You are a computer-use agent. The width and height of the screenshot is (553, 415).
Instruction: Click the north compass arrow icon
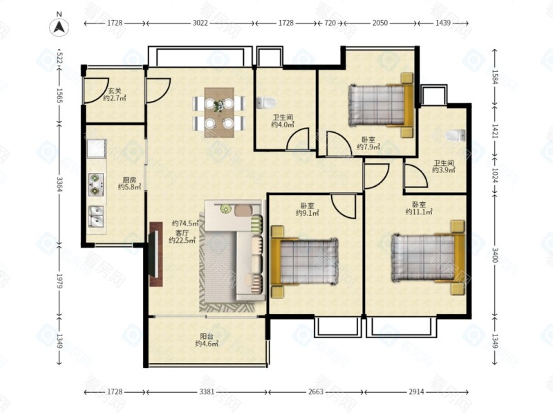tap(59, 27)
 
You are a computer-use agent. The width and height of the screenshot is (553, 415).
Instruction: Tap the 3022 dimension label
tap(200, 23)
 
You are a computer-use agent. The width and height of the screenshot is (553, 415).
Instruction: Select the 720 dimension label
tap(330, 23)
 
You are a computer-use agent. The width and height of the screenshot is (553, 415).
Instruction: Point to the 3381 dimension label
tap(206, 391)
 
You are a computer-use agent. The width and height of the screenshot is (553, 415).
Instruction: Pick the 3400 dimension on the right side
tap(495, 255)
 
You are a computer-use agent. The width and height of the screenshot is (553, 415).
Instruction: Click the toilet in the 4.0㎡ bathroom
tap(266, 102)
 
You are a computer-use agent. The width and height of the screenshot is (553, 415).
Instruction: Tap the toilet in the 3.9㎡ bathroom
tap(456, 135)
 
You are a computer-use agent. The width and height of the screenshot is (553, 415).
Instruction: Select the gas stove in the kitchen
tap(95, 184)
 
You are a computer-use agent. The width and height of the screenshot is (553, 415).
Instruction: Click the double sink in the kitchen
tap(95, 216)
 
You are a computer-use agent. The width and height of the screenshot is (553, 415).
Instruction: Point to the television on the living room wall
tap(155, 254)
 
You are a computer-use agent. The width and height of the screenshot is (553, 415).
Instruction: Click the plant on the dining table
tap(219, 105)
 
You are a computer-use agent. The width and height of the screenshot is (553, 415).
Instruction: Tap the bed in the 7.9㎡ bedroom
tap(381, 105)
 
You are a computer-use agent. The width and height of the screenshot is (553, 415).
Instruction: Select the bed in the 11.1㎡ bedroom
tap(428, 257)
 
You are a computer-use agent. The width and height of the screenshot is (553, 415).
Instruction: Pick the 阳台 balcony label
tap(206, 336)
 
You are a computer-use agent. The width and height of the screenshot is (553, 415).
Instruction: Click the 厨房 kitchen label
tap(129, 180)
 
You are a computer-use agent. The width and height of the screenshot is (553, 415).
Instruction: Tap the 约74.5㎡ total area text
tap(185, 223)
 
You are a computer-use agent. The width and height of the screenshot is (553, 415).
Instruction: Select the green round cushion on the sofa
tap(225, 209)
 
